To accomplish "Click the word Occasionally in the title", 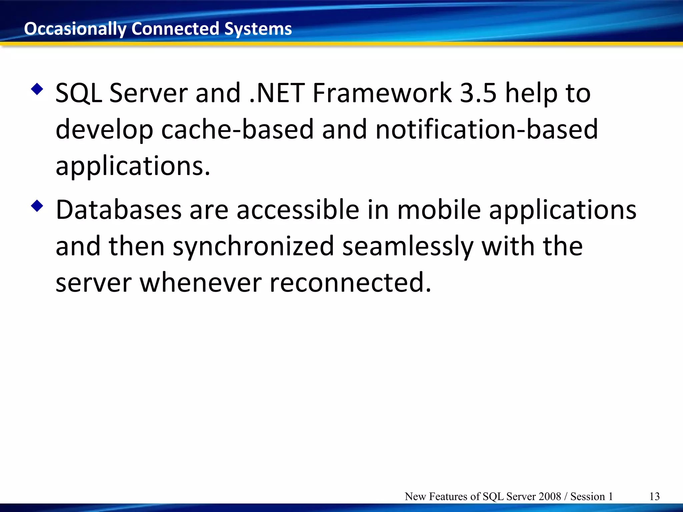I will tap(75, 29).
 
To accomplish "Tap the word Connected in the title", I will tap(175, 29).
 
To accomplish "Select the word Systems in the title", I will tap(258, 29).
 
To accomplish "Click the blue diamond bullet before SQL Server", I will tap(37, 89).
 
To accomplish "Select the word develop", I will tap(104, 130).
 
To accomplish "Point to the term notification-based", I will tap(487, 129).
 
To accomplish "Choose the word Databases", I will tap(119, 210).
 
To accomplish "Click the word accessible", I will tap(298, 210).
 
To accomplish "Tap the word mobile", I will tap(439, 210).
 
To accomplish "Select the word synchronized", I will tap(253, 247).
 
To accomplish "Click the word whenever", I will tap(200, 283).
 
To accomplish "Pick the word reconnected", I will tap(350, 283).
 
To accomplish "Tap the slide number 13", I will tap(654, 496).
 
